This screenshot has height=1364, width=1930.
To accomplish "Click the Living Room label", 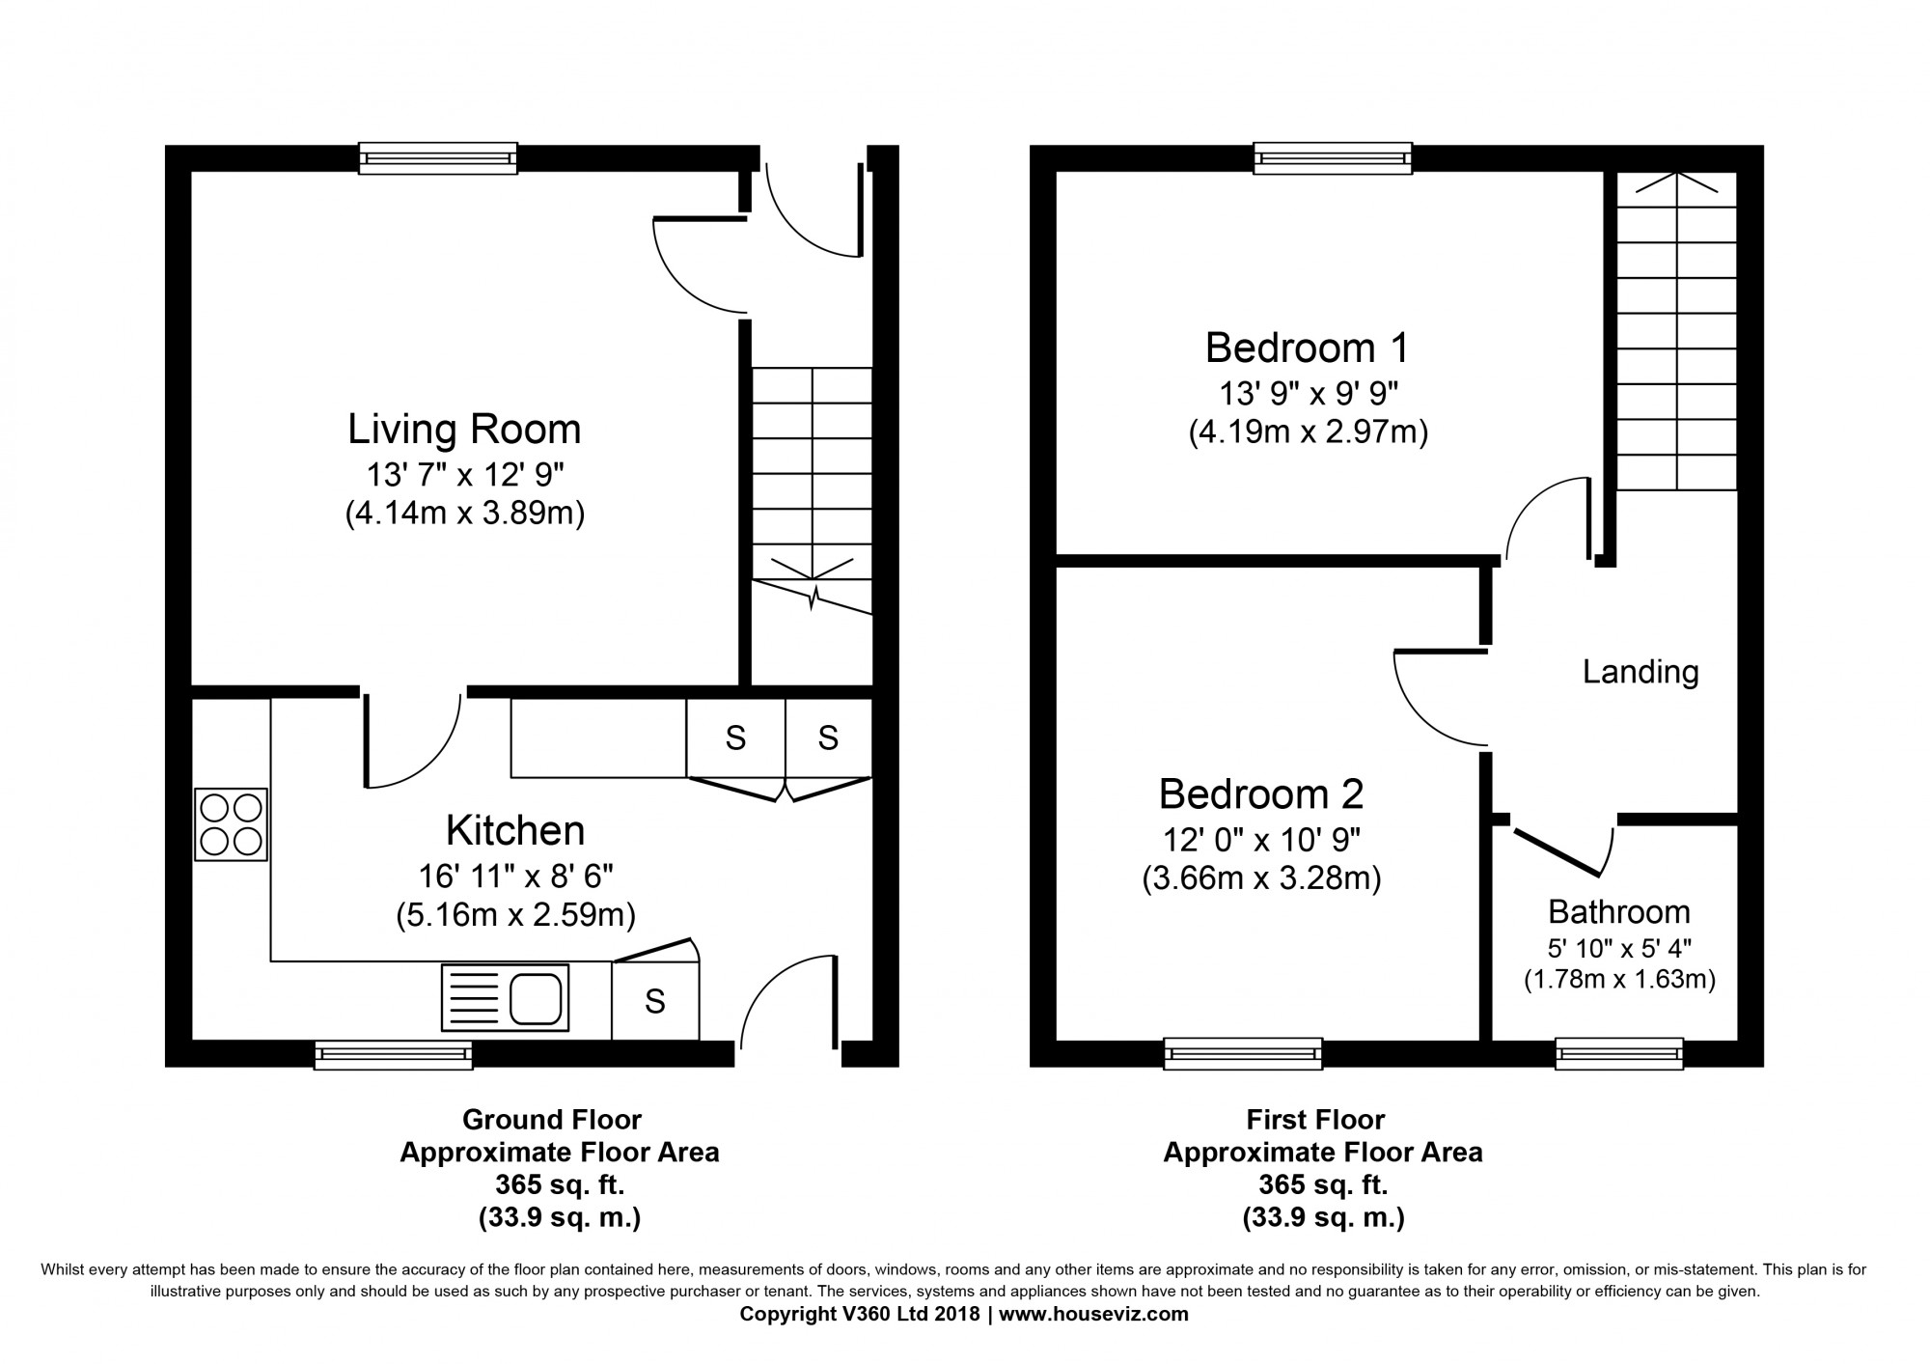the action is [x=464, y=430].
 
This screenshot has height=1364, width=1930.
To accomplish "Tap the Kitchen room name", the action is [x=515, y=830].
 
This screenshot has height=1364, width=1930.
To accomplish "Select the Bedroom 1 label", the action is [x=1308, y=348].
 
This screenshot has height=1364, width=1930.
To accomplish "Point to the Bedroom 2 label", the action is [x=1261, y=794].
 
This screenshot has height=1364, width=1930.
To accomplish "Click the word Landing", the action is [x=1640, y=673].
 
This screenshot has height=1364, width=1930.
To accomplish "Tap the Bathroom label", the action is [x=1619, y=911].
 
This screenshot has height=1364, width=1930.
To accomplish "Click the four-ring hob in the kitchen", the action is [x=231, y=824].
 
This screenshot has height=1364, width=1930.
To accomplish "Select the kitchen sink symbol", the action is [x=505, y=997].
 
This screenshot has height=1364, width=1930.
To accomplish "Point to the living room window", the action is [x=438, y=158].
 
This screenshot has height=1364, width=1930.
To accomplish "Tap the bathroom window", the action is [x=1619, y=1053].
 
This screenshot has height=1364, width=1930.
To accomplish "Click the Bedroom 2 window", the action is [x=1243, y=1053].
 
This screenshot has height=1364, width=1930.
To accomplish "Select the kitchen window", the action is [x=394, y=1055].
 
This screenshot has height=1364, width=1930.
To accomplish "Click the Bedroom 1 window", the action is [x=1333, y=158].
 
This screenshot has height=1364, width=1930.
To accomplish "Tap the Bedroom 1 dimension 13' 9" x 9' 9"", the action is [x=1309, y=394].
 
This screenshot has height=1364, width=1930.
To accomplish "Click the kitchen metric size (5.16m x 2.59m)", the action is [x=515, y=914].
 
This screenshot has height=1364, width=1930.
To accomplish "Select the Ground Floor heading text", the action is [x=552, y=1120].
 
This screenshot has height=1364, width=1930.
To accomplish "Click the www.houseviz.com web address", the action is [x=1093, y=1314].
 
